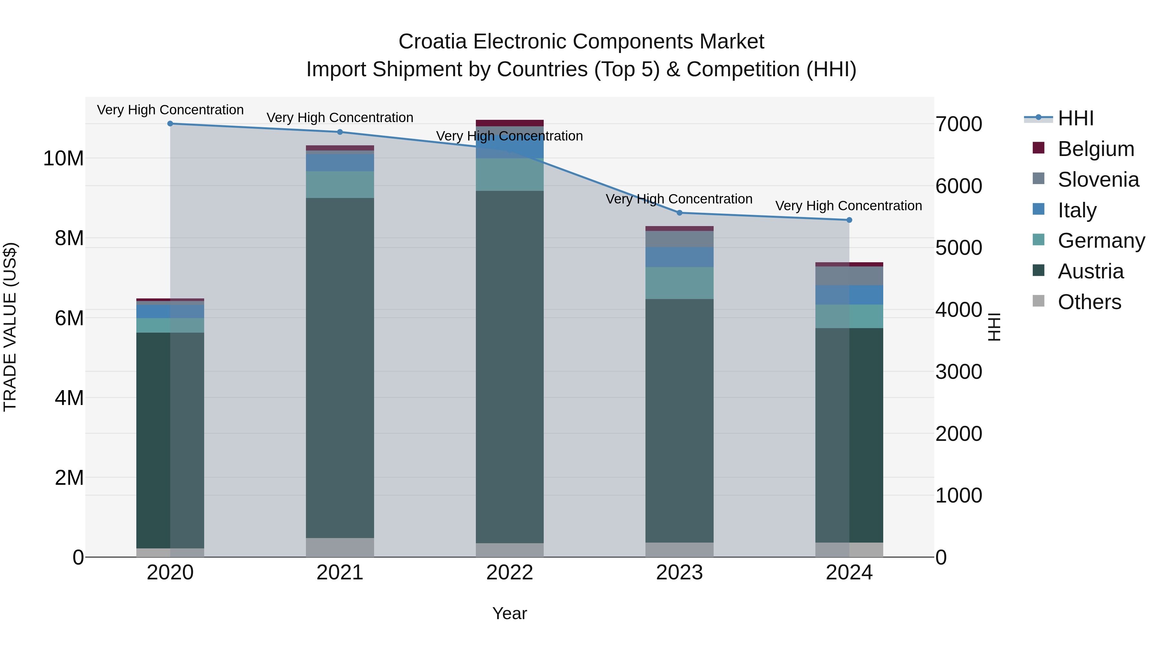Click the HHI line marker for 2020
click(170, 124)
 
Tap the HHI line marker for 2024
click(849, 220)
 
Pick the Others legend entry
click(1089, 302)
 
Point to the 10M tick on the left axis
click(63, 159)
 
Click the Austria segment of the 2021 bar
click(340, 368)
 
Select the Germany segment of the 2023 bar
click(679, 283)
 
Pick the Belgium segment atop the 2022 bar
click(510, 123)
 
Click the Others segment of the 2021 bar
click(340, 547)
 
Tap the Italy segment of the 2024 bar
click(849, 295)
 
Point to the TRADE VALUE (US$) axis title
click(10, 327)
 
